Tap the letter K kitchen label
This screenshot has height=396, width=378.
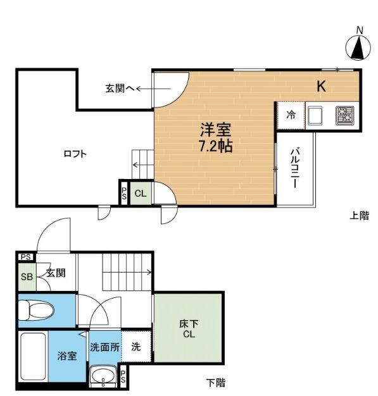(x=321, y=87)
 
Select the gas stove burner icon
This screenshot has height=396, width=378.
(x=344, y=116)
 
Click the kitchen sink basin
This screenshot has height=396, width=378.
(x=315, y=115)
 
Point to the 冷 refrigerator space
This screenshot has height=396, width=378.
(x=291, y=115)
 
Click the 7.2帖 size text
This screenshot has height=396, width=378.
(x=216, y=146)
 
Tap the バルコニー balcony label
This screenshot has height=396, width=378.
(x=295, y=168)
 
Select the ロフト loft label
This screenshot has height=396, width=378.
(x=75, y=154)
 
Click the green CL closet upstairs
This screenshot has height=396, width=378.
(x=141, y=194)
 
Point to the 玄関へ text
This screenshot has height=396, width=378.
(x=120, y=89)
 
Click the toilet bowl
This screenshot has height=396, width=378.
(x=36, y=311)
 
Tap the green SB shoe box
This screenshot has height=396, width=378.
(x=27, y=277)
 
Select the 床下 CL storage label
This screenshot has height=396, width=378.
(x=189, y=329)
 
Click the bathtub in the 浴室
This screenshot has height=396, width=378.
(x=33, y=357)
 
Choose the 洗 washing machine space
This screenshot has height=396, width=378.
(x=136, y=346)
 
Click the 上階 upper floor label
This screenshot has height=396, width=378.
(x=359, y=216)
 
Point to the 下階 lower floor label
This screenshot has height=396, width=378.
(x=215, y=383)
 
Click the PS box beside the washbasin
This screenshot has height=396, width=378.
(x=123, y=376)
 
